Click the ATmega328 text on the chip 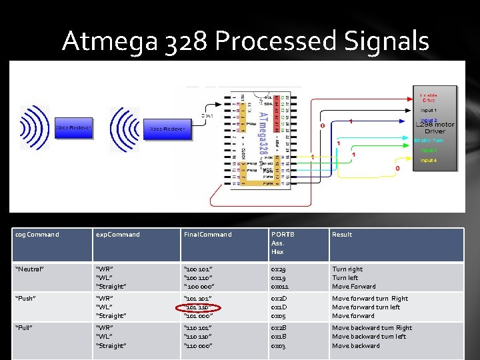click(261, 133)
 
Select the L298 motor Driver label click(435, 128)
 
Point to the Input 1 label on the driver click(429, 110)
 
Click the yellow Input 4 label click(429, 161)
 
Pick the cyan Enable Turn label click(429, 141)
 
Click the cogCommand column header click(38, 235)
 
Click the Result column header click(342, 235)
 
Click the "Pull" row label click(27, 327)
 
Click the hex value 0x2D click(279, 299)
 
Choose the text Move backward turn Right click(372, 327)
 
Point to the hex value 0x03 click(279, 345)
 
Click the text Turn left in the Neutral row click(345, 278)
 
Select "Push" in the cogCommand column click(28, 299)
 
